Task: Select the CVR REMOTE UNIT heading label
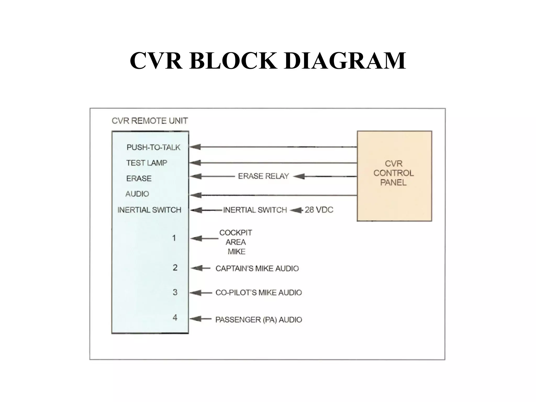(150, 121)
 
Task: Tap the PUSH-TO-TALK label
(153, 147)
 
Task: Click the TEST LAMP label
(147, 163)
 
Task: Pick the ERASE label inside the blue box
(139, 178)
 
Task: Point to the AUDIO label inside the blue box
(137, 194)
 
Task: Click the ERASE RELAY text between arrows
(263, 176)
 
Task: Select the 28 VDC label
(319, 210)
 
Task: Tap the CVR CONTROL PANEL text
(393, 173)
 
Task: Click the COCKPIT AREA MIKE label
(236, 242)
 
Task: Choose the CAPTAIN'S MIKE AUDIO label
(257, 269)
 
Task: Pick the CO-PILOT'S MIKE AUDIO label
(259, 293)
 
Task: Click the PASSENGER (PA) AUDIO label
(259, 320)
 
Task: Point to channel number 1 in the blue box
(174, 238)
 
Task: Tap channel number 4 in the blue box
(175, 317)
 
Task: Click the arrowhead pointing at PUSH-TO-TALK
(195, 147)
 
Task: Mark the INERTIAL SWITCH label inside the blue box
(149, 210)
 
